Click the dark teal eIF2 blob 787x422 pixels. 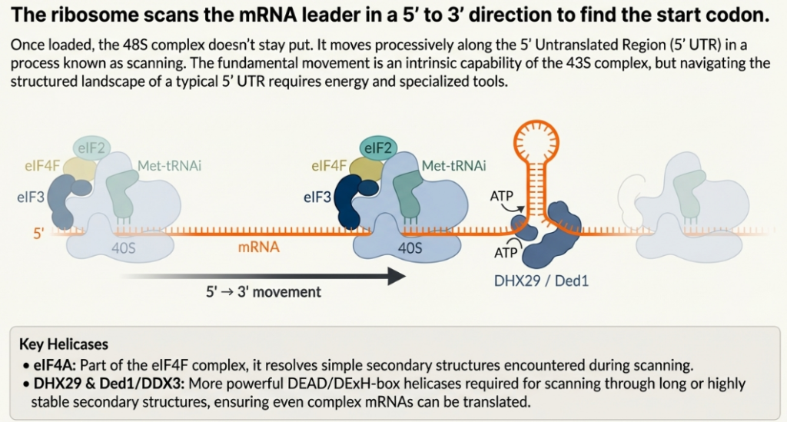pyautogui.click(x=378, y=148)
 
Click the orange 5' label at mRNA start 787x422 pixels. pyautogui.click(x=38, y=231)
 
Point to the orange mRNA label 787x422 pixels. pyautogui.click(x=258, y=248)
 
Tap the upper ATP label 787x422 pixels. pyautogui.click(x=502, y=197)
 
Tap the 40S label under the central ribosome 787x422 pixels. pyautogui.click(x=408, y=248)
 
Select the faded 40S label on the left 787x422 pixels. pyautogui.click(x=119, y=248)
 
